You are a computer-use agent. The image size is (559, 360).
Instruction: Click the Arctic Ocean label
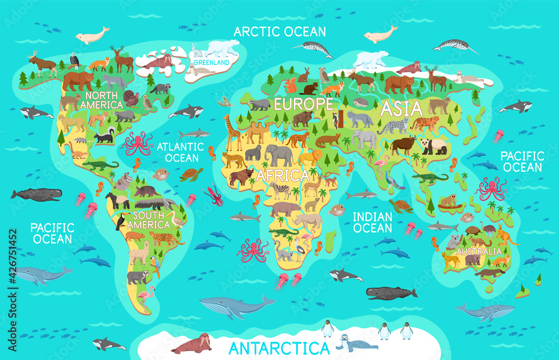279,31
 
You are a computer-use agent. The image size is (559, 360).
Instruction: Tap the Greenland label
211,63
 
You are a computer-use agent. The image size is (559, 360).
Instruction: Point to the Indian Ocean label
373,222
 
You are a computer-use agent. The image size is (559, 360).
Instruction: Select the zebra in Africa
279,190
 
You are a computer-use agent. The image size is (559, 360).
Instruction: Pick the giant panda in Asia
434,146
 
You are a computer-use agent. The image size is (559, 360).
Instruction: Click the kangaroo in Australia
506,235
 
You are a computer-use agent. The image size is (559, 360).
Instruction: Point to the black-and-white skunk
105,136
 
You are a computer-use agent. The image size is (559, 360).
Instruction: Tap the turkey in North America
131,98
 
